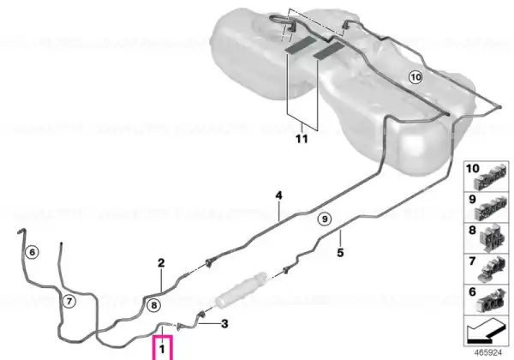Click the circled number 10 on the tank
coord(415,77)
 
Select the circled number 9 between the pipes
coord(325,219)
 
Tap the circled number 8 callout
coord(153,306)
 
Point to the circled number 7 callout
coord(69,301)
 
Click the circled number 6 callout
coord(32,252)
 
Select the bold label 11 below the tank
coord(302,139)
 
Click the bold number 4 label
coord(278,195)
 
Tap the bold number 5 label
coord(340,253)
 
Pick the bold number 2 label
coord(161,263)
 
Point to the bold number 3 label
coord(224,324)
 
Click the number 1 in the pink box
coord(162,349)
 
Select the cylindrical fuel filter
coord(241,290)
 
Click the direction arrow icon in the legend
coord(486,331)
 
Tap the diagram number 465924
coord(488,353)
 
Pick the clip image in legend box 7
coord(491,270)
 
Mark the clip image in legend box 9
coord(491,207)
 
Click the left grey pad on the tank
coord(301,45)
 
